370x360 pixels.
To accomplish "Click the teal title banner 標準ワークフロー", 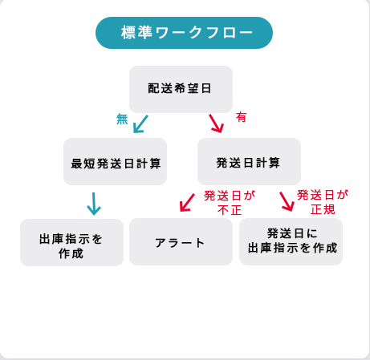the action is click(x=184, y=33).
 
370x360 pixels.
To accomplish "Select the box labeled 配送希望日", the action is click(x=181, y=89).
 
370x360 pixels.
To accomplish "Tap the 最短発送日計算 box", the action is click(x=115, y=161).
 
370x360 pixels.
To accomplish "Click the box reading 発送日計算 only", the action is click(x=249, y=161).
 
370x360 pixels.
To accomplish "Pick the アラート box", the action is click(x=181, y=242).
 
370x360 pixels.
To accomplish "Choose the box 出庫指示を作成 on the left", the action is click(x=71, y=242).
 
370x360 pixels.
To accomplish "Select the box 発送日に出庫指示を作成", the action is click(x=291, y=242).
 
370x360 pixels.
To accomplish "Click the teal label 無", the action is click(x=122, y=119).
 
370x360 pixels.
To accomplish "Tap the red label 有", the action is click(x=241, y=117).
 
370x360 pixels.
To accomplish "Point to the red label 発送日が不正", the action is click(x=230, y=203).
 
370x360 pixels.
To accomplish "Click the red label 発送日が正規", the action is click(x=323, y=202).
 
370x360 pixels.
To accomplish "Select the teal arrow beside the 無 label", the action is click(x=140, y=124).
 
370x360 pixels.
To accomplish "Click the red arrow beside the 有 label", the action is click(x=216, y=123).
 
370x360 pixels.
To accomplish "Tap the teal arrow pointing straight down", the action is click(x=94, y=204).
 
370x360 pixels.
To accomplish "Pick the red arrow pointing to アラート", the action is click(x=187, y=203).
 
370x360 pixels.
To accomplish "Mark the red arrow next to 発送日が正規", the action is click(x=287, y=202).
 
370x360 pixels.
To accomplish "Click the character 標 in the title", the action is click(x=129, y=33).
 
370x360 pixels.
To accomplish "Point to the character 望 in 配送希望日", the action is click(x=193, y=88).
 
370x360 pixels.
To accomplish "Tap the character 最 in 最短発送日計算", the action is click(x=77, y=164).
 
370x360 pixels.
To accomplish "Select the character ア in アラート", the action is click(x=161, y=243).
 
